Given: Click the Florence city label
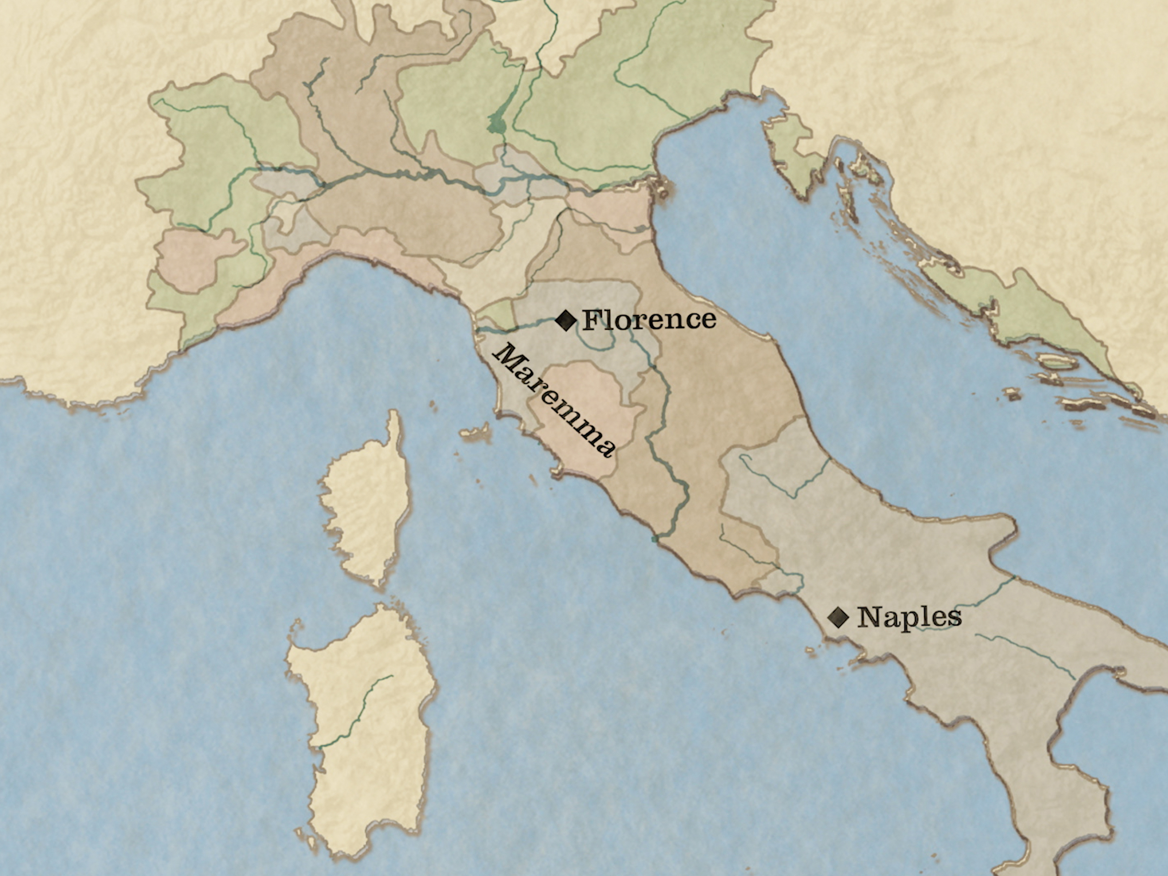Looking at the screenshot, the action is point(649,319).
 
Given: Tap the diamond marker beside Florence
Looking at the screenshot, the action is point(566,320).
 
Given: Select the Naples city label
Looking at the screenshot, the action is point(909,617).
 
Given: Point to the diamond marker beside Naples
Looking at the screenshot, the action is point(838,616).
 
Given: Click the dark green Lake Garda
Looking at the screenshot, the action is point(497,124).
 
